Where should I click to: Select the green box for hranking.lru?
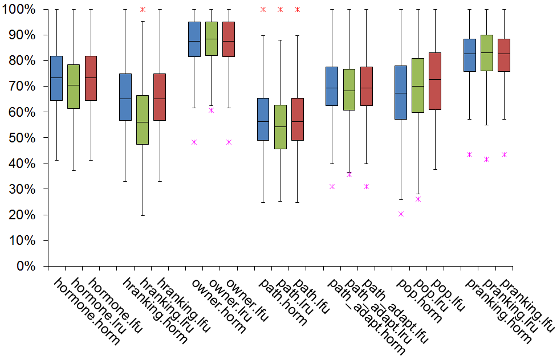pyautogui.click(x=143, y=120)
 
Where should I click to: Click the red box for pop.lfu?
pyautogui.click(x=435, y=81)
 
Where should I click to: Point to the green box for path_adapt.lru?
pyautogui.click(x=349, y=89)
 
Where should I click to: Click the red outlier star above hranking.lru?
pyautogui.click(x=143, y=10)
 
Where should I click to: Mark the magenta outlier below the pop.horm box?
pyautogui.click(x=401, y=214)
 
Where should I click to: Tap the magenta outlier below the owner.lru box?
pyautogui.click(x=212, y=110)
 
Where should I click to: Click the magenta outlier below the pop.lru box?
pyautogui.click(x=418, y=199)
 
